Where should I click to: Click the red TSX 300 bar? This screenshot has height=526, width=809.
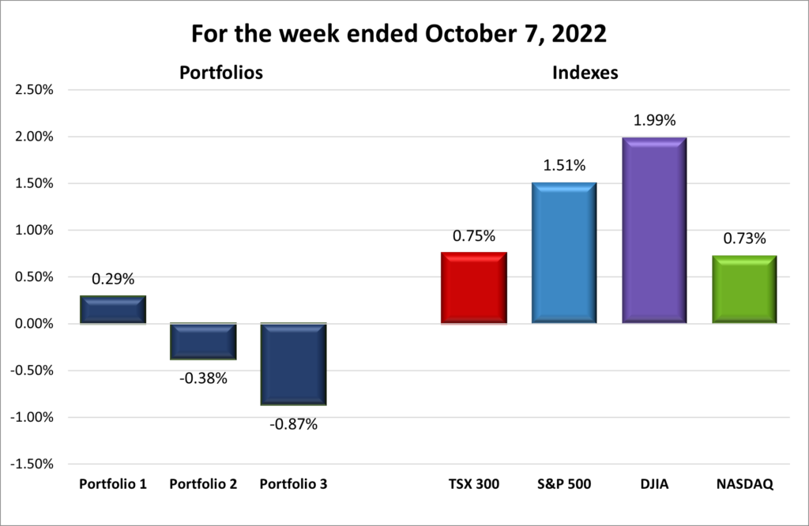473,288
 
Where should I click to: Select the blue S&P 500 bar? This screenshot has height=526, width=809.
563,253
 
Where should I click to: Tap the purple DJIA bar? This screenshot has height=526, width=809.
653,231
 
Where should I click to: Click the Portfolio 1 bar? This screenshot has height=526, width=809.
113,310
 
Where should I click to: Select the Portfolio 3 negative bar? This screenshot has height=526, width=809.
293,364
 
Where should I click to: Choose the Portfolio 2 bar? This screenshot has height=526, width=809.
203,341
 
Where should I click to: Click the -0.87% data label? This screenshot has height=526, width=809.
293,424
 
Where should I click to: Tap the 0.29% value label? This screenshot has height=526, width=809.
113,279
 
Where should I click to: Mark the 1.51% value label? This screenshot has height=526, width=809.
563,166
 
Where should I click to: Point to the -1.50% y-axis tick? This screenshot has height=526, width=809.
32,464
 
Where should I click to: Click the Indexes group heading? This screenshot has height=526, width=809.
585,73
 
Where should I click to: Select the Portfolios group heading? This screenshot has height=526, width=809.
220,73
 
